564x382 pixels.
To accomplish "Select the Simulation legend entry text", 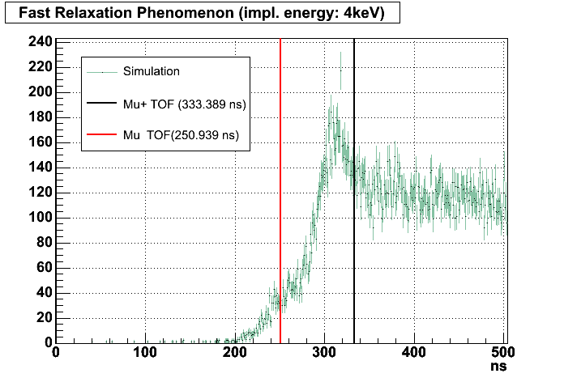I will (152, 71).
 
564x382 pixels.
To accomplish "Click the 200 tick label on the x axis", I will (234, 354).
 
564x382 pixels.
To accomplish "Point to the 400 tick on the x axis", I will (414, 354).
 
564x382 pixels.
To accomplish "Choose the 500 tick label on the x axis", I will (504, 354).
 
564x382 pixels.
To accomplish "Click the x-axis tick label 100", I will (145, 354).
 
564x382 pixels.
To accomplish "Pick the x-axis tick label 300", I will (324, 354).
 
